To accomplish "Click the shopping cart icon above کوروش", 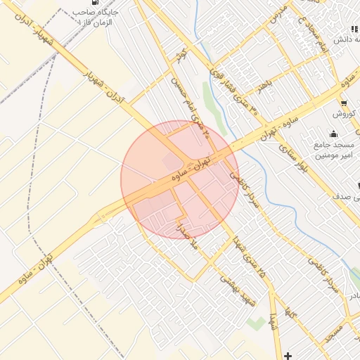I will [x=343, y=103].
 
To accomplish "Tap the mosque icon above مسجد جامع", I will [x=333, y=134].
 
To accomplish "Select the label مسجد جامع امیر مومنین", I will [x=333, y=150].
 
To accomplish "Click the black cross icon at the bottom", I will [x=288, y=354].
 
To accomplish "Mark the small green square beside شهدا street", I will [x=252, y=321].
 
